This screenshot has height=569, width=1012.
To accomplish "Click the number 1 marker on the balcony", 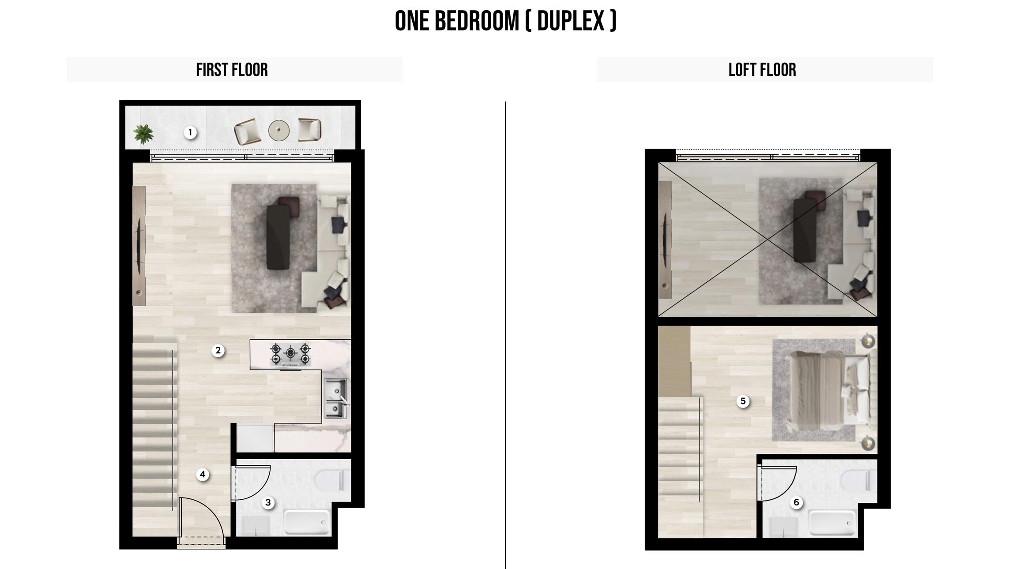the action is [190, 132].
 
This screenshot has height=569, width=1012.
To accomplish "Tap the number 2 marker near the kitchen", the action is [218, 351].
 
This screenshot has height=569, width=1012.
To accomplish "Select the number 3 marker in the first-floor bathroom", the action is [268, 502].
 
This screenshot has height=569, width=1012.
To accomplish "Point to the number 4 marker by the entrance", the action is [203, 475].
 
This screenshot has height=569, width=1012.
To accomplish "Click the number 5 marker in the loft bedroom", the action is [743, 401].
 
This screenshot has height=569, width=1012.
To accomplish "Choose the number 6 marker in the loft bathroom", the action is [797, 502].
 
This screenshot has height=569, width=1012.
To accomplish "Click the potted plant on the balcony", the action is [143, 134].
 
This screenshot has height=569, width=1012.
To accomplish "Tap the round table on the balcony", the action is [279, 130].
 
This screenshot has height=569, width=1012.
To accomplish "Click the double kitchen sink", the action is [336, 398].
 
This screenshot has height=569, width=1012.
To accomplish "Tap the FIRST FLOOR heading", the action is [232, 70].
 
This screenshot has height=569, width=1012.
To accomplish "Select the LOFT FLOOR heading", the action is [762, 70].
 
